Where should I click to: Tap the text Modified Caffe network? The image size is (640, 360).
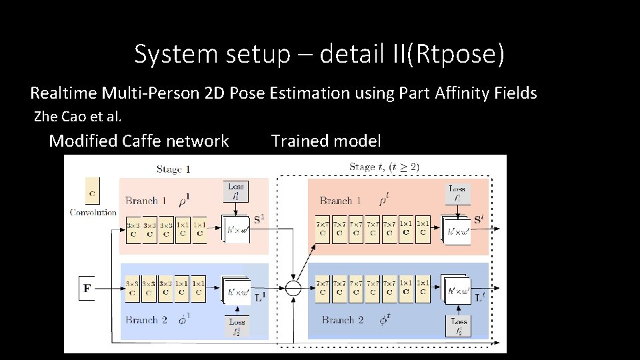click(x=139, y=141)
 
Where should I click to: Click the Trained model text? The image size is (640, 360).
click(x=326, y=141)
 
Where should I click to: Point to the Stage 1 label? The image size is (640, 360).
click(x=173, y=169)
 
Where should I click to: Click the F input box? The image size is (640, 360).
click(x=87, y=289)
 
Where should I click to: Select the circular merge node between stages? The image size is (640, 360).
click(x=293, y=288)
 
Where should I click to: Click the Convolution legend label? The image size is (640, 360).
click(x=93, y=213)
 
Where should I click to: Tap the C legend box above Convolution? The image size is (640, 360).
click(x=93, y=191)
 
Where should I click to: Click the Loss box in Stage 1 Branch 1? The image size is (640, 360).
click(x=236, y=191)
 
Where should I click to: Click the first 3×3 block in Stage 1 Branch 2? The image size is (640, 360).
click(x=133, y=287)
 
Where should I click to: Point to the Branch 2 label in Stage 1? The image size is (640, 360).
click(x=146, y=320)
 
